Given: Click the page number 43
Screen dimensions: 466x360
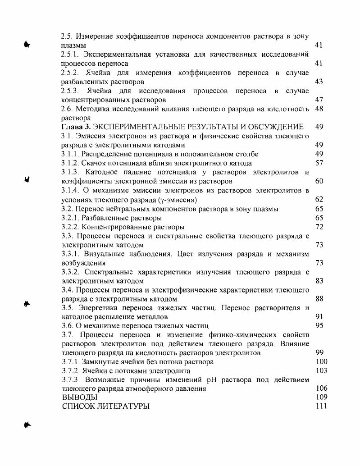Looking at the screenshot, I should tap(319, 82).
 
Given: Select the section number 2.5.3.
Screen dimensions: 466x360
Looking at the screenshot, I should tap(70, 91).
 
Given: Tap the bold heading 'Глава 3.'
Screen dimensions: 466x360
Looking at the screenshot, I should tap(78, 127).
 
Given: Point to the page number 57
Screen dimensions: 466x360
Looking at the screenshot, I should tap(319, 163).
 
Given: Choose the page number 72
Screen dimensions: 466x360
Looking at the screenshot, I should tap(319, 227).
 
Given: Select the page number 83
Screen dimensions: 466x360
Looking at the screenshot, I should tap(319, 281).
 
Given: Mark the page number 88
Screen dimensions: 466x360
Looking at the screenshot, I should tap(319, 299).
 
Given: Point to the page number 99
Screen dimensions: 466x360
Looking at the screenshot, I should tap(319, 352).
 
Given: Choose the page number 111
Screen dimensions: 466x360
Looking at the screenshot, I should tap(321, 406).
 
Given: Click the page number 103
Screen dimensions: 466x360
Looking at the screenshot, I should tap(321, 370).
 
